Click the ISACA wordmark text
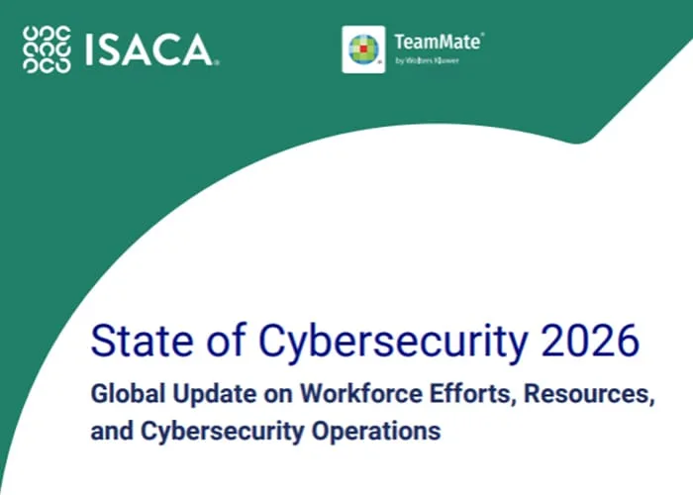pos(149,49)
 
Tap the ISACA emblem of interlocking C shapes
pos(47,49)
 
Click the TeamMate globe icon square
pos(363,49)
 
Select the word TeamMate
pos(438,42)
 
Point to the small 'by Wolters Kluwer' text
pos(427,60)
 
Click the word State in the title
pos(142,341)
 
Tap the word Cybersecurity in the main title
pos(393,344)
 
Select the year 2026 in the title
pos(590,341)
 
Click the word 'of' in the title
pos(226,340)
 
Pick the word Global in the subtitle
pos(128,393)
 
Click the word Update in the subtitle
pos(215,394)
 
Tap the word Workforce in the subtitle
pos(361,393)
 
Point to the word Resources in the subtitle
pos(589,394)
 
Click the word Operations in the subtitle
pos(376,432)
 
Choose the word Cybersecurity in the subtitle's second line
pos(223,432)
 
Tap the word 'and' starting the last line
pos(112,430)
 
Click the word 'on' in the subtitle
pos(278,396)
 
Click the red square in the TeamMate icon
pos(363,49)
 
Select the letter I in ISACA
pos(89,49)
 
